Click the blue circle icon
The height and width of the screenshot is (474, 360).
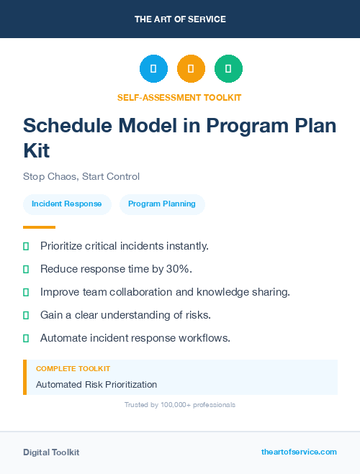(153, 68)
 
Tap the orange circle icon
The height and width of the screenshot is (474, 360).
(191, 68)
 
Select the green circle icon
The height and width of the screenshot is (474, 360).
(228, 68)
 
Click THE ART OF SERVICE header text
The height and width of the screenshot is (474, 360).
(180, 19)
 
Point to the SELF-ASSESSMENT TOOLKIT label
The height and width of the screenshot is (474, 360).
(179, 97)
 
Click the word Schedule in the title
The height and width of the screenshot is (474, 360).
(66, 125)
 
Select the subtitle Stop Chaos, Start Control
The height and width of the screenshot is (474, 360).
(81, 176)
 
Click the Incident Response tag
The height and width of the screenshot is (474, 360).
(67, 204)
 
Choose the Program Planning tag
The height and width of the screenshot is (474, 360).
(162, 204)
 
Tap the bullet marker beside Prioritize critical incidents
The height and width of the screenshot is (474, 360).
(26, 246)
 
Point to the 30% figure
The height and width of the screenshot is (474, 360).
(178, 269)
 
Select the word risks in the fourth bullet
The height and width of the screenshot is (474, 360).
(195, 315)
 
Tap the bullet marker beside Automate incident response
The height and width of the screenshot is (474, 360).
(26, 338)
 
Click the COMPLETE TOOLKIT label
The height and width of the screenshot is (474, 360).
(73, 368)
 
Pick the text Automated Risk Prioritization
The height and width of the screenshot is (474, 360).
(96, 384)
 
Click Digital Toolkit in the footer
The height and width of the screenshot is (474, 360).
(51, 452)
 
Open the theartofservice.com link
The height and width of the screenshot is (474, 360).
(299, 452)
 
